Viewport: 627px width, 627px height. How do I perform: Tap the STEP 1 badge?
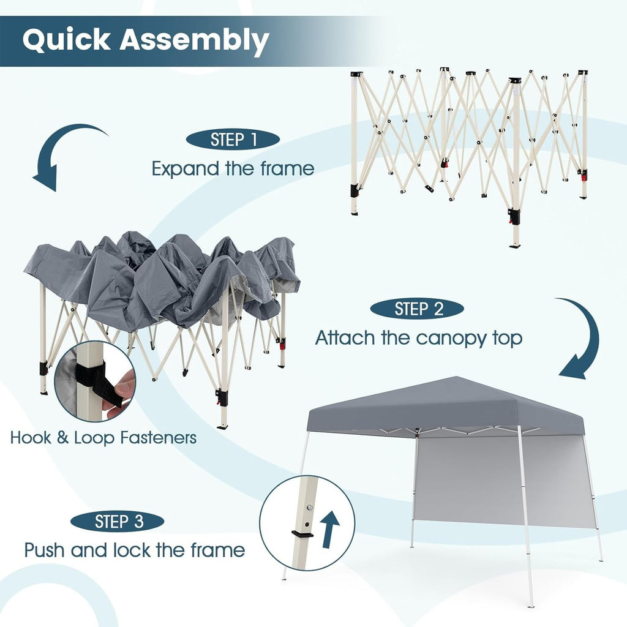click(x=233, y=140)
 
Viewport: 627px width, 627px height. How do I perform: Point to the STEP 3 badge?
click(x=118, y=522)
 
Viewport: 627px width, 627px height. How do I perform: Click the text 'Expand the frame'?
click(x=233, y=168)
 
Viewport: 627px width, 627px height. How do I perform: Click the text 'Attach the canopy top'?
click(x=419, y=337)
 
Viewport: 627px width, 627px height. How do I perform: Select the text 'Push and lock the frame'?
click(x=135, y=550)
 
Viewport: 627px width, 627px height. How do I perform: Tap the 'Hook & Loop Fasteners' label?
click(x=103, y=438)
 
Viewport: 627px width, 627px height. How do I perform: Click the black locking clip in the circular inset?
click(x=302, y=534)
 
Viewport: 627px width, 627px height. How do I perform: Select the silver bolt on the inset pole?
click(x=310, y=507)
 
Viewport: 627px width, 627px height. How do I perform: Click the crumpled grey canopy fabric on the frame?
click(x=165, y=276)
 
